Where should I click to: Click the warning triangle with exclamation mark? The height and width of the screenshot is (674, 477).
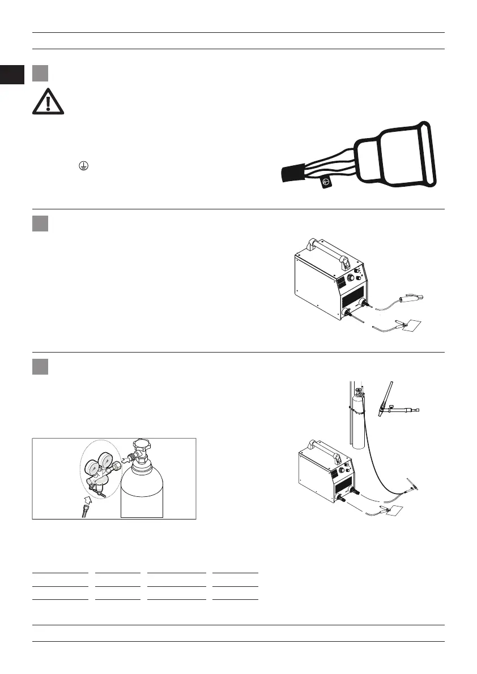pyautogui.click(x=48, y=102)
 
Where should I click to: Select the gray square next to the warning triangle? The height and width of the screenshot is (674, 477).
pyautogui.click(x=39, y=74)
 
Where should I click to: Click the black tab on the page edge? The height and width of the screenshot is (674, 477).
pyautogui.click(x=12, y=75)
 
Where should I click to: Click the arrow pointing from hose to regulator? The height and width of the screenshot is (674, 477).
pyautogui.click(x=87, y=498)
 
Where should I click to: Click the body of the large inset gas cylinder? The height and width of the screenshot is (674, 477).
pyautogui.click(x=142, y=490)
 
